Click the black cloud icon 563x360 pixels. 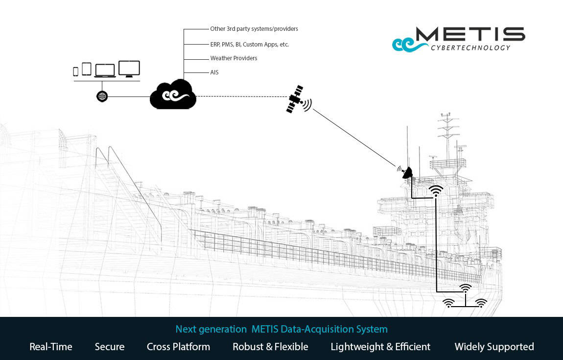[173, 95]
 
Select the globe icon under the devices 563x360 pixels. [102, 96]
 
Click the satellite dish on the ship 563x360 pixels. [406, 172]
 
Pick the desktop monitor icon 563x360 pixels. [129, 69]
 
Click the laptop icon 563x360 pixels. [105, 71]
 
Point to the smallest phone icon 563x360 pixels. [75, 72]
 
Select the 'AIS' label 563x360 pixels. [214, 72]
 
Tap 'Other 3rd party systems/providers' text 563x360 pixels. [254, 29]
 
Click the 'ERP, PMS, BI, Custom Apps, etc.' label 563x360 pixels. [249, 45]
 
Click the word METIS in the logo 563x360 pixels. [470, 34]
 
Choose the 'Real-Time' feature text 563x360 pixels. [51, 347]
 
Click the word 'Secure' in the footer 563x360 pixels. [110, 347]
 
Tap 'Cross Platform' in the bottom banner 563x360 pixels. [178, 347]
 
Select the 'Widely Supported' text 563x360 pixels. [494, 347]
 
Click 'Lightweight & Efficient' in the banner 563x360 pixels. [380, 347]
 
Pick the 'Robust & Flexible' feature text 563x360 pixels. [270, 347]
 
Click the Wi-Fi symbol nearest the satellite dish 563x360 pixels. [436, 191]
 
